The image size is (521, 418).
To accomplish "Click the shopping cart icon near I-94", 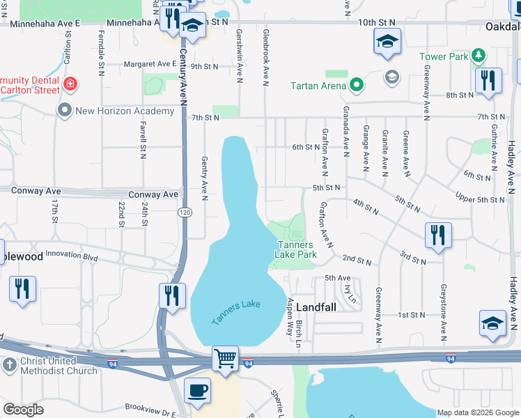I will [226, 359].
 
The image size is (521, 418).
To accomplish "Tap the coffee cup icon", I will [197, 390].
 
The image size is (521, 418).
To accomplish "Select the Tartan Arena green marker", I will [357, 86].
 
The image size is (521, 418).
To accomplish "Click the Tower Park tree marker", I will [477, 56].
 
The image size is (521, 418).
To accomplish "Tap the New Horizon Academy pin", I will [65, 111].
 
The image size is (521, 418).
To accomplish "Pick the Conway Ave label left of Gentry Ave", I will [154, 194].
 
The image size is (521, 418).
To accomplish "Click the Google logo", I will [24, 410].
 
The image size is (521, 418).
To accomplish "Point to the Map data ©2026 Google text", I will [478, 412].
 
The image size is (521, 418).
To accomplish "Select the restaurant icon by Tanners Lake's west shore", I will [173, 295].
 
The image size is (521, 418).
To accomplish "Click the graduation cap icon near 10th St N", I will [387, 41].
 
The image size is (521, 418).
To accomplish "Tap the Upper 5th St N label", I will [479, 200].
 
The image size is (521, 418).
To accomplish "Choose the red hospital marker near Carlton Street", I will [70, 84].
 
